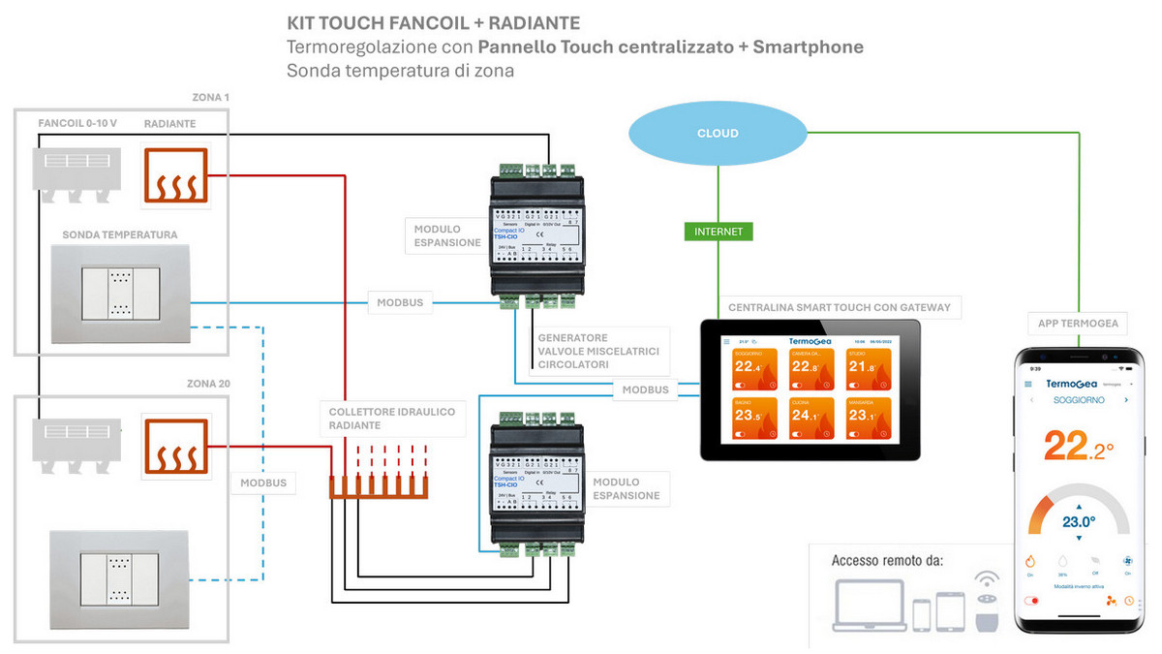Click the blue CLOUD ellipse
[x=718, y=134]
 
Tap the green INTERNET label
[x=718, y=232]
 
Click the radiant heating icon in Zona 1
[x=175, y=177]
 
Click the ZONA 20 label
[x=208, y=384]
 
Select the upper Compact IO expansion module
[x=535, y=234]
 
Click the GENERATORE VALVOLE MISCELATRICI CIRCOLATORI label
[x=598, y=352]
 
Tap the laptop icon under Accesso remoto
[x=868, y=607]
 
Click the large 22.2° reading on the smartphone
[x=1078, y=446]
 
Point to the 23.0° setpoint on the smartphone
[x=1078, y=521]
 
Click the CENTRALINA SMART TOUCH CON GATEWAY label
[x=839, y=307]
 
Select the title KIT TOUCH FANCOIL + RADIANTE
[x=434, y=22]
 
